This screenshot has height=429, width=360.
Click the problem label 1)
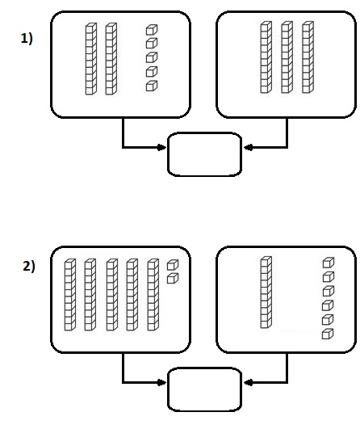coord(27,39)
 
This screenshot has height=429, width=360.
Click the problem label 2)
coord(29,267)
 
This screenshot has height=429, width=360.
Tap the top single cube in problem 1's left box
coord(152,30)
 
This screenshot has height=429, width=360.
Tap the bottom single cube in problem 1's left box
coord(152,86)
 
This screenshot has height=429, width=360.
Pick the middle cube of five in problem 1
coord(152,57)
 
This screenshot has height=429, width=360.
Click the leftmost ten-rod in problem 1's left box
coord(90,59)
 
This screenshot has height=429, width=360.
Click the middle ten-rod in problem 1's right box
coord(287,57)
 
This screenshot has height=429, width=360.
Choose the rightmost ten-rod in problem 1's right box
coord(308,57)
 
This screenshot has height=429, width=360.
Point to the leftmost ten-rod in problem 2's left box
coord(69,295)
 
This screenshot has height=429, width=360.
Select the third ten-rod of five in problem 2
coord(111,295)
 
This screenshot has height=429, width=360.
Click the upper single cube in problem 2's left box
coord(173,265)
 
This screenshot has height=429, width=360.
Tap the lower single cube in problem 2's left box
coord(173,278)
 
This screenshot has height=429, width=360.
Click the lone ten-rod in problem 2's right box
coord(266,292)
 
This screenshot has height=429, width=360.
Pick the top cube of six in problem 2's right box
coord(329,263)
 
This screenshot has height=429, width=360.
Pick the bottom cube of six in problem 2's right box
coord(328,334)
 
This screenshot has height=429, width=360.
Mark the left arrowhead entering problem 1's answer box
coord(162,148)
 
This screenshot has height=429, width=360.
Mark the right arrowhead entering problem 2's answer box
coord(248,382)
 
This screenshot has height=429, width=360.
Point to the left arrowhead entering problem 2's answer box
coord(162,382)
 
